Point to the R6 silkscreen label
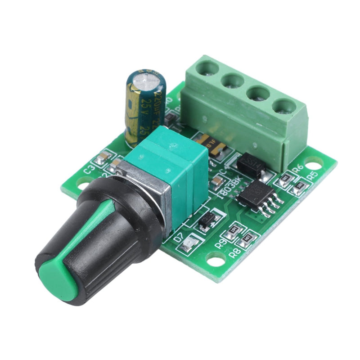click(x=297, y=169)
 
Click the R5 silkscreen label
click(x=312, y=174)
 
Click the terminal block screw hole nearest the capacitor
click(x=207, y=69)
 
